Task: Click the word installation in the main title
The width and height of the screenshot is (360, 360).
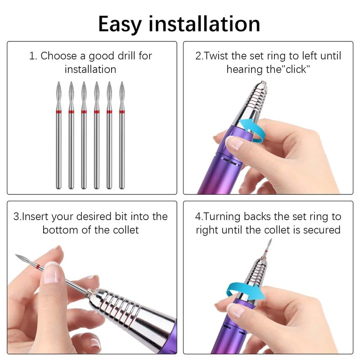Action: (204, 23)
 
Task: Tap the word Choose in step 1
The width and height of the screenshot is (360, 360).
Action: (58, 56)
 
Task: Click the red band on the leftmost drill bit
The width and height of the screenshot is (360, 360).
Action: (59, 112)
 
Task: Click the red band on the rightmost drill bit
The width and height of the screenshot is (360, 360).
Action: (122, 112)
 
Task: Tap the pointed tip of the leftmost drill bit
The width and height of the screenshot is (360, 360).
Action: (59, 82)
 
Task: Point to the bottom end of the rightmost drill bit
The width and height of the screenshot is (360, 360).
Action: (122, 189)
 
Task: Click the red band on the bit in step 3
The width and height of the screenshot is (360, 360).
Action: (38, 267)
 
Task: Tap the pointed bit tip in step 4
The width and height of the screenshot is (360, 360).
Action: (271, 239)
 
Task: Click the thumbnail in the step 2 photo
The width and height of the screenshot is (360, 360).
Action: (234, 143)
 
